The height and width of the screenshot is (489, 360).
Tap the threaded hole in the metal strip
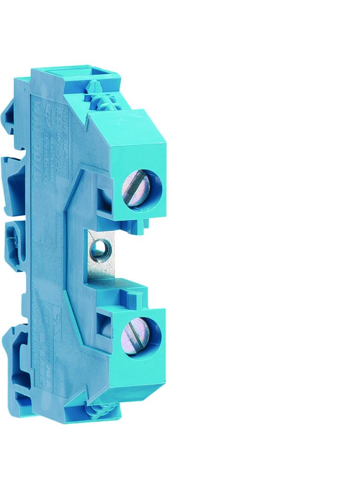click(x=98, y=250)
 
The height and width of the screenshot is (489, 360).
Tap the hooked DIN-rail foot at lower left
click(x=20, y=353)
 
